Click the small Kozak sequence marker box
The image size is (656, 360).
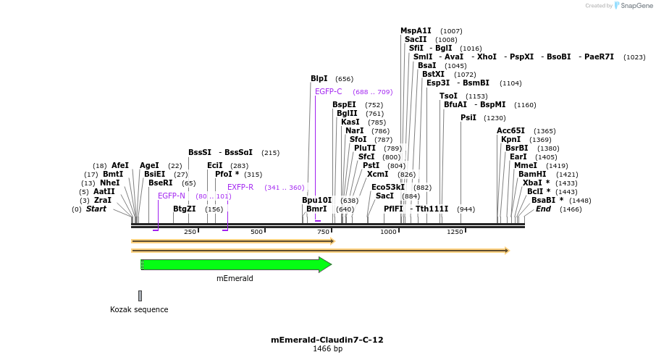(140, 296)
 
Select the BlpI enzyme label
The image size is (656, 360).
(319, 78)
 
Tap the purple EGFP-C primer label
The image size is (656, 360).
(328, 91)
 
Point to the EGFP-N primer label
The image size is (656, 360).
(172, 196)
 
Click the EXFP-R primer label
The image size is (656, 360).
(240, 187)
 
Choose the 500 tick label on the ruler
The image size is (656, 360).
(256, 232)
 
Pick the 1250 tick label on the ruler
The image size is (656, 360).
(455, 232)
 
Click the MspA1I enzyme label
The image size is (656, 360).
(416, 30)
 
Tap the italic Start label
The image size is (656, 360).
(96, 209)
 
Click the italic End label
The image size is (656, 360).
(543, 209)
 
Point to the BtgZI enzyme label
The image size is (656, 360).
(185, 209)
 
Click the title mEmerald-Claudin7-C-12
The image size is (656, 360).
(327, 339)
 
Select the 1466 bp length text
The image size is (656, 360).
(327, 348)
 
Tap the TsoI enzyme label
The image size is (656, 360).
(448, 96)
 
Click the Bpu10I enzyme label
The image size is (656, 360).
(316, 200)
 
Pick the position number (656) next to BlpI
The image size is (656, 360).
(344, 79)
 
